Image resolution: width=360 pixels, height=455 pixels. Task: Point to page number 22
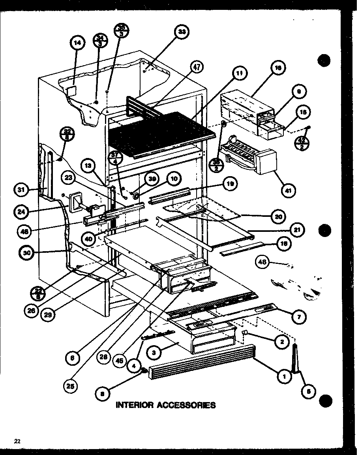pyautogui.click(x=17, y=441)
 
